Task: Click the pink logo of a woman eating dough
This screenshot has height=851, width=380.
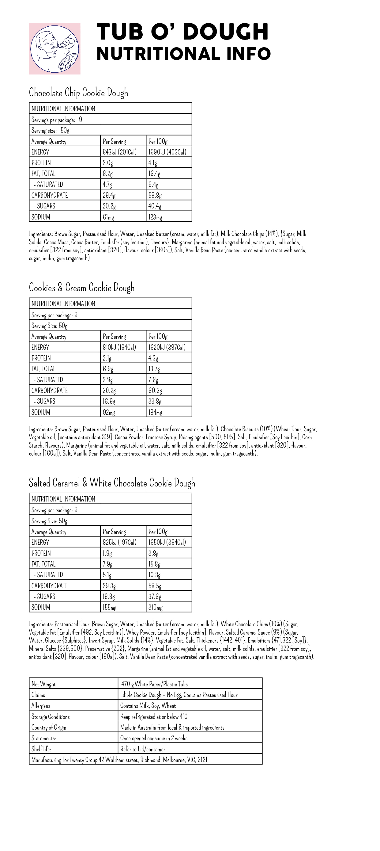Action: pyautogui.click(x=55, y=48)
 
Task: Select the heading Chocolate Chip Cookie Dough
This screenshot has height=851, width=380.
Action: pyautogui.click(x=78, y=93)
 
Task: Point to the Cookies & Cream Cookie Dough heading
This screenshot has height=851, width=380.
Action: pyautogui.click(x=81, y=288)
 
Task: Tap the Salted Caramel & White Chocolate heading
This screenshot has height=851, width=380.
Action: pyautogui.click(x=112, y=483)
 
